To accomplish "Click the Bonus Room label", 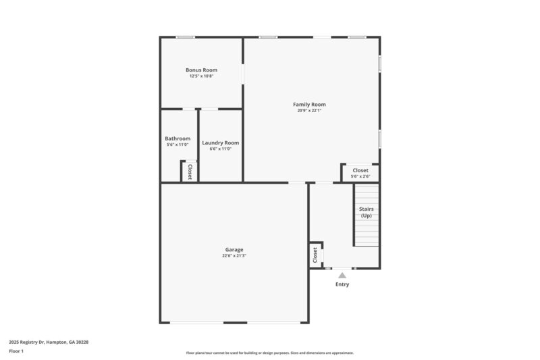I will pos(201,70).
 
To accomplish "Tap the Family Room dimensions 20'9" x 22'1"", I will pos(309,111).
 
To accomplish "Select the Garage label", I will pos(234,250).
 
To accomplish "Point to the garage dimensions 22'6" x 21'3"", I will pos(234,256).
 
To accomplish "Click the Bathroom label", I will pos(178,138).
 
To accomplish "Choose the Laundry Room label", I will pos(220,143).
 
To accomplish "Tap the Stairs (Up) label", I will pos(366,212).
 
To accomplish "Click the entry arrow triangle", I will pos(342,275).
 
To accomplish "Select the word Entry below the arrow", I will pos(343,284).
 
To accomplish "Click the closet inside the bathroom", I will pos(189,171).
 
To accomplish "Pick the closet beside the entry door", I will pos(315,255).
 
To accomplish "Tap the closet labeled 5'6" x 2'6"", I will pos(360,173).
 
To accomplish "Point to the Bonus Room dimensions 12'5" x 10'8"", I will pos(201,76).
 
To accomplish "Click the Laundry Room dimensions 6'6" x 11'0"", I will pos(220,149).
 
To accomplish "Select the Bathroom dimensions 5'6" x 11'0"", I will pos(178,145).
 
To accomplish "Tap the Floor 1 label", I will pos(16,351).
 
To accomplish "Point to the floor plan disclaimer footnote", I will pos(269,353).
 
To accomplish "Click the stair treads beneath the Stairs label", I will pos(367,234).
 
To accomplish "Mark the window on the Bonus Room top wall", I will pos(186,37).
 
